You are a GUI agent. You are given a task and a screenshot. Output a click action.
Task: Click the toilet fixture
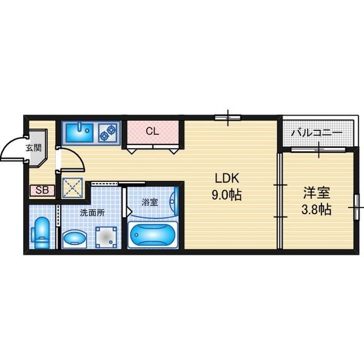click(x=40, y=233)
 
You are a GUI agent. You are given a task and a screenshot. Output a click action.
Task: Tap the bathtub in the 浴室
click(x=153, y=235)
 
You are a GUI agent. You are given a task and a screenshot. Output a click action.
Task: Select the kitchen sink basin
click(x=79, y=132)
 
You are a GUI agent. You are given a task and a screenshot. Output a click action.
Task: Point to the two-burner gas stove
click(x=109, y=132)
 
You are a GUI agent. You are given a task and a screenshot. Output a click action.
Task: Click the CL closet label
click(x=152, y=132)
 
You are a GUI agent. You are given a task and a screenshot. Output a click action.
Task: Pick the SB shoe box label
click(x=42, y=190)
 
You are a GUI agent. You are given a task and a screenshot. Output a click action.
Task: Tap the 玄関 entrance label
click(x=34, y=147)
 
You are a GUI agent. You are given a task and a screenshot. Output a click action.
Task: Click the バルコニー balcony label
click(x=317, y=133)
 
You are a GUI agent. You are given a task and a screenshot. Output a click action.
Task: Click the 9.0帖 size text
click(x=226, y=195)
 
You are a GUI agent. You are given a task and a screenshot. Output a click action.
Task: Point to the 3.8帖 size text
click(x=316, y=209)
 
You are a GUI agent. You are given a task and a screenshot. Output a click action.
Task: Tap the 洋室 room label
click(x=317, y=193)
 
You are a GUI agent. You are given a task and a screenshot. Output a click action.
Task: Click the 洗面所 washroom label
click(x=92, y=213)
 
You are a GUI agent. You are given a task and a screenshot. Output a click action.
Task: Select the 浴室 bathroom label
click(x=150, y=202)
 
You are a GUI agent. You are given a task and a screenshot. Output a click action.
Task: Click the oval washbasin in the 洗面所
click(x=75, y=238)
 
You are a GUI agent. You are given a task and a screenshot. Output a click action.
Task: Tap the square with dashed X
click(x=72, y=188)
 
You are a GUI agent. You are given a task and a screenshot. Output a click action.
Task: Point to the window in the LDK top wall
click(x=227, y=118)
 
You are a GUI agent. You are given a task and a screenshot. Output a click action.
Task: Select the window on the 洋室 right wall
click(x=357, y=207)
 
